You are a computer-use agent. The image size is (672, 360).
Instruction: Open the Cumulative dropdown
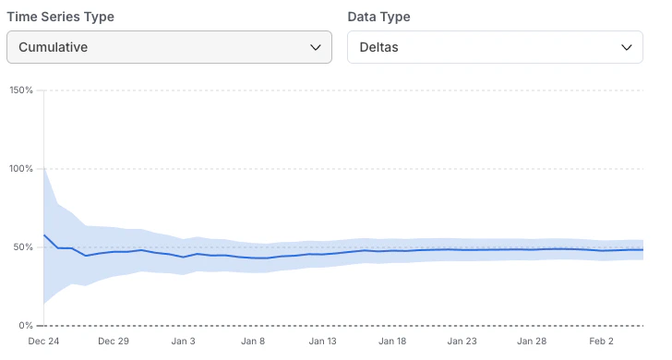(168, 47)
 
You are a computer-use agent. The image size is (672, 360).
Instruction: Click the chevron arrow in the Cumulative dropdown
(316, 47)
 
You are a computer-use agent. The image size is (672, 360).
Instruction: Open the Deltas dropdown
(494, 47)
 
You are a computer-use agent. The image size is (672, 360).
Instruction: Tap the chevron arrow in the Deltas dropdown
(627, 47)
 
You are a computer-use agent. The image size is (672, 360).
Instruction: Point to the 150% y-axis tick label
(21, 90)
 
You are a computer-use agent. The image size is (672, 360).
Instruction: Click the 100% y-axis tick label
(21, 169)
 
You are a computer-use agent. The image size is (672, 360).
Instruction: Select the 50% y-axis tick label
(23, 247)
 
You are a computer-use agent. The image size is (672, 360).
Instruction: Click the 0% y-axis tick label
(26, 326)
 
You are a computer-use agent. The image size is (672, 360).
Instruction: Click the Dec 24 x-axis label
(43, 342)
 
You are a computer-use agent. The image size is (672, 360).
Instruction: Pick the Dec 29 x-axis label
(114, 342)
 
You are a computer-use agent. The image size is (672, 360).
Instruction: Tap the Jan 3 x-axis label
(183, 342)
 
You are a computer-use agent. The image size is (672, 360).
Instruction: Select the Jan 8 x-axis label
(253, 342)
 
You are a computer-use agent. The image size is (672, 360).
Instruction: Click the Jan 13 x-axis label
(323, 342)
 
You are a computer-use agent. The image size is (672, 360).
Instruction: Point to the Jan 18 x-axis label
(393, 342)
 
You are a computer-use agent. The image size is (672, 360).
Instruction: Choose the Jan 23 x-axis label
(462, 342)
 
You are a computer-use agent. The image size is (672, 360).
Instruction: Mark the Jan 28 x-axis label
(533, 342)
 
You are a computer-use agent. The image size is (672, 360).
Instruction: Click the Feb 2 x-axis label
(602, 342)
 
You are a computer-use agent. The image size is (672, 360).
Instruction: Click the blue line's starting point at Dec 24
(44, 235)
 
